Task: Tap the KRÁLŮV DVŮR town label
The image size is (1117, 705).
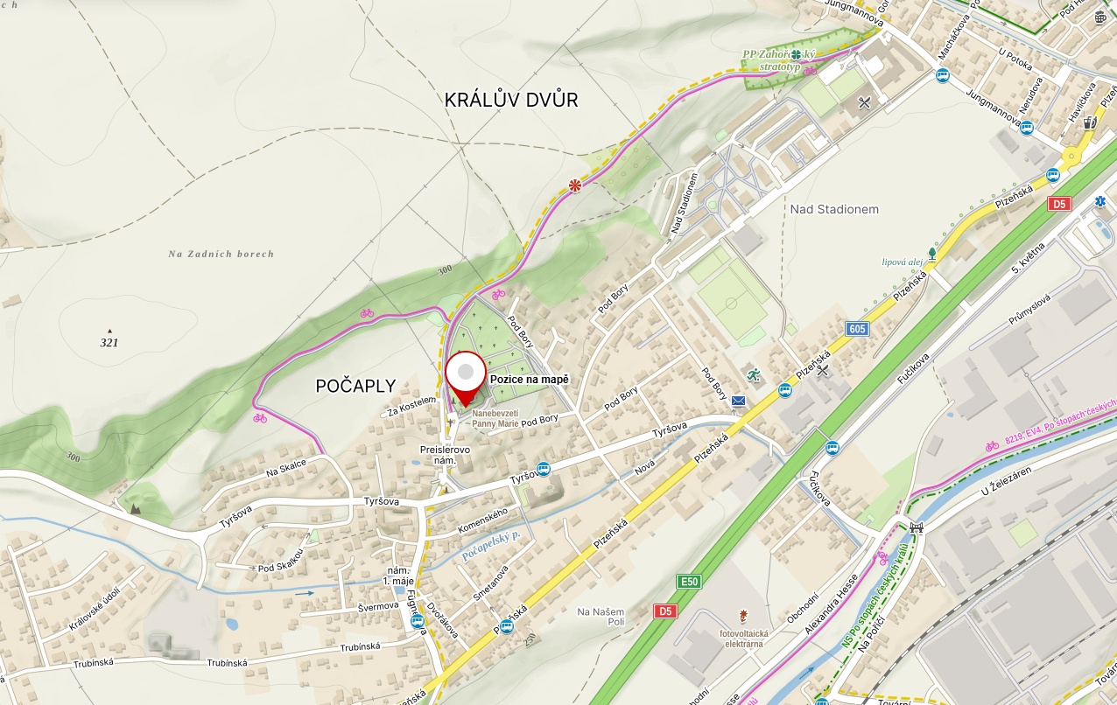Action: (x=511, y=100)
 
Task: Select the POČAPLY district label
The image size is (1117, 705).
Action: (x=355, y=386)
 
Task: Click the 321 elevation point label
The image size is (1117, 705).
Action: (x=109, y=342)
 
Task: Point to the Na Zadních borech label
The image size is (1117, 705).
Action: (x=221, y=254)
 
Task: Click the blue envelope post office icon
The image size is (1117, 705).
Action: (x=739, y=401)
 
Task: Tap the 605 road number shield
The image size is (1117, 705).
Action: (x=858, y=329)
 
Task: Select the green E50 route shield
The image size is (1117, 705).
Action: (x=690, y=582)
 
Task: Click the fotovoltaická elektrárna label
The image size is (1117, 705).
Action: (x=743, y=638)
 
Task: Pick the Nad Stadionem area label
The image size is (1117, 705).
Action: (x=834, y=209)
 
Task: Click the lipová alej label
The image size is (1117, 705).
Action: (x=903, y=261)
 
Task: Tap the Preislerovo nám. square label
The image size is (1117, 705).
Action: (x=445, y=454)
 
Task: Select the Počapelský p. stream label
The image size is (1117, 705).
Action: (x=492, y=545)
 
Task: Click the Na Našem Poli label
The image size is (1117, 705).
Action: (x=601, y=616)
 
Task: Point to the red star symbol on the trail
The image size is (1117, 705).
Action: (x=575, y=185)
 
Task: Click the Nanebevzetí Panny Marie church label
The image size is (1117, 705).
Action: (x=495, y=418)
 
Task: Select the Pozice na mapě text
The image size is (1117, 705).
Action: (x=530, y=380)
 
